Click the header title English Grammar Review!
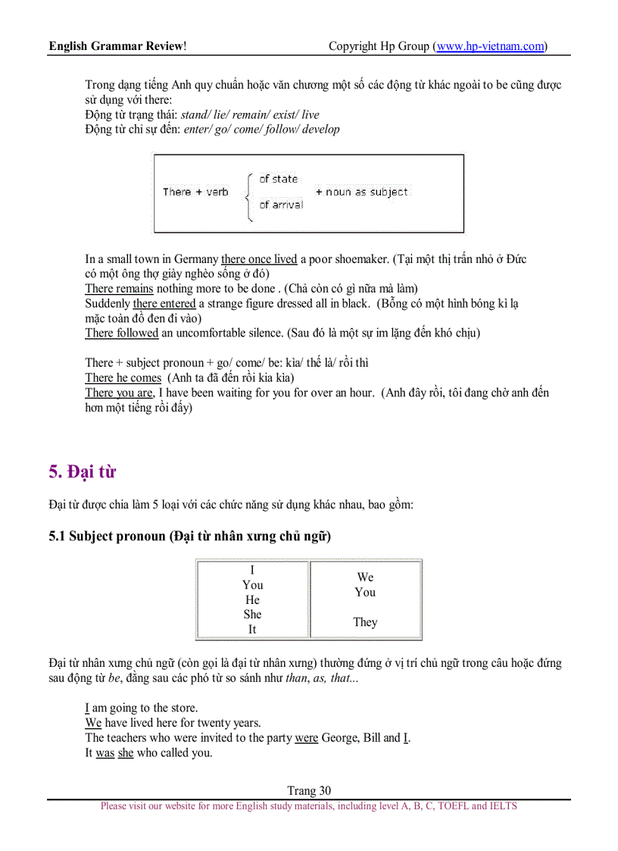117,46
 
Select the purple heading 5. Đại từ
82,471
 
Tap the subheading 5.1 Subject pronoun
189,537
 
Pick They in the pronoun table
365,622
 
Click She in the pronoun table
252,615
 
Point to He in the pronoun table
252,599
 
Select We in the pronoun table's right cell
365,577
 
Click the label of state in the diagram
278,179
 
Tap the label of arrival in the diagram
280,205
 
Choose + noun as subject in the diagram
361,192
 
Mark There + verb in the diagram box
195,192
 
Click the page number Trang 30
309,790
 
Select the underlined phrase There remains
119,289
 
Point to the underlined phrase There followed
121,333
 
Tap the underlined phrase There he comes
123,377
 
